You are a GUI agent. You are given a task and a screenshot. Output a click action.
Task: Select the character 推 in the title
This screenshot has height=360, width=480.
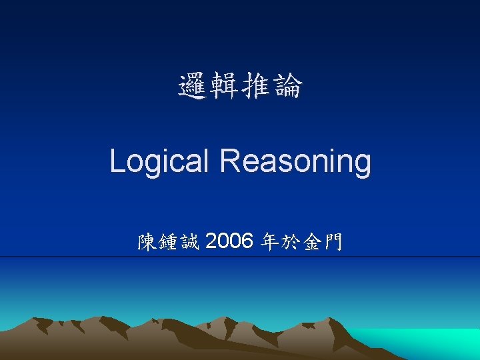pos(256,87)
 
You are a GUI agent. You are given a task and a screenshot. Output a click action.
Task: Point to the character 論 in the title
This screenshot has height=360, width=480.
pos(287,87)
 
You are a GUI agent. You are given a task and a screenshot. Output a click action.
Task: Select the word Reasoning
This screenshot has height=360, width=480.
pos(295,162)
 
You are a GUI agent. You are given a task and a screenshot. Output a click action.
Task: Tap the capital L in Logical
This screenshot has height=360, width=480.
pos(117,161)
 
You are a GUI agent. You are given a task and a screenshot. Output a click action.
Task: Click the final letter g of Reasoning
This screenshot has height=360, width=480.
pos(362,165)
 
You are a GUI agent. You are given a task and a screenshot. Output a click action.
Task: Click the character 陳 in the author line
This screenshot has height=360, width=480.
pos(147,242)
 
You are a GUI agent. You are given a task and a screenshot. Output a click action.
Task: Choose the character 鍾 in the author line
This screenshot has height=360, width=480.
pos(169,242)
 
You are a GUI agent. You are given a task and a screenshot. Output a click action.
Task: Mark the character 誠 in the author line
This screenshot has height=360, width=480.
pos(190,242)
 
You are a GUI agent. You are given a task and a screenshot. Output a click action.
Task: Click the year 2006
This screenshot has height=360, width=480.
pos(229,241)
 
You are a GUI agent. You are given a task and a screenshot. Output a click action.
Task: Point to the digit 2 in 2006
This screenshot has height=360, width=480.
pos(213,241)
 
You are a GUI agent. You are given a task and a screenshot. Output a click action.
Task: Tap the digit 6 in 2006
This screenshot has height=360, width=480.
pos(246,241)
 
